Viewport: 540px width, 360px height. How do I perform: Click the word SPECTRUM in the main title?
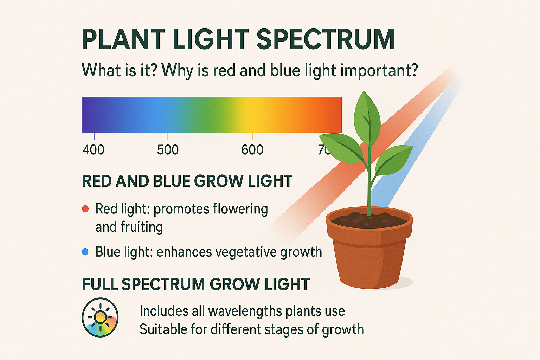(x=326, y=39)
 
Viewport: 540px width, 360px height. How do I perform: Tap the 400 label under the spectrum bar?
(x=94, y=150)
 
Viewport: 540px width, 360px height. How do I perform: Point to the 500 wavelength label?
(x=168, y=150)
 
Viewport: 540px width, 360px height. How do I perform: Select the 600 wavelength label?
(x=252, y=150)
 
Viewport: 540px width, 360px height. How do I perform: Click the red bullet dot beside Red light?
(x=85, y=209)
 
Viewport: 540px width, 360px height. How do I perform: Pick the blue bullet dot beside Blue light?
(x=85, y=252)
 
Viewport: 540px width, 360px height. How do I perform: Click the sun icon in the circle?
(x=100, y=317)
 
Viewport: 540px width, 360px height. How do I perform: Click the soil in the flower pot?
(x=369, y=219)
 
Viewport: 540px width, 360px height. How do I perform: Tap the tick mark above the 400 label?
(x=94, y=136)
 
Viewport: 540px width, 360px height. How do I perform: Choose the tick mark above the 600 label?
(x=252, y=136)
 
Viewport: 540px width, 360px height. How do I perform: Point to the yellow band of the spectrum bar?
(x=253, y=115)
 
